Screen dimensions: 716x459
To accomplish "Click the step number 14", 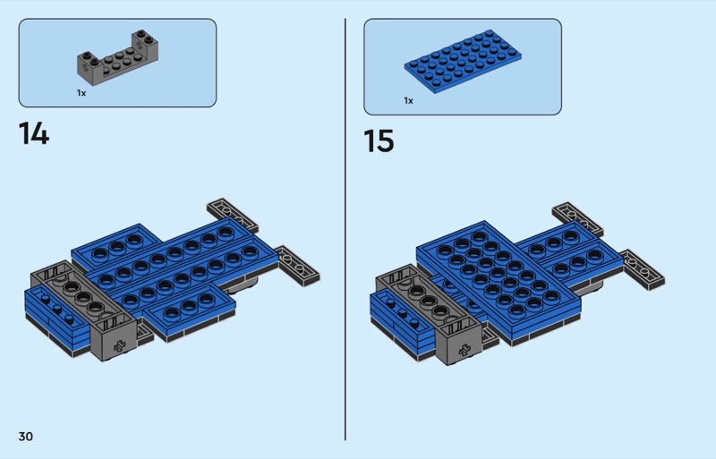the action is [34, 133].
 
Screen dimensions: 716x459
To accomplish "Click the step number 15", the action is [379, 140].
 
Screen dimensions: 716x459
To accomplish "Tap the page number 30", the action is [26, 436].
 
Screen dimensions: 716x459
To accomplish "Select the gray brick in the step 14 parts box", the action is [118, 57].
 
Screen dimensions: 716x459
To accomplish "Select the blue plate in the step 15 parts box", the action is [463, 61].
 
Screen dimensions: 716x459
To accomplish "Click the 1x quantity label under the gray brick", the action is [81, 93].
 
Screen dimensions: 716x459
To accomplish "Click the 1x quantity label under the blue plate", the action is [408, 100].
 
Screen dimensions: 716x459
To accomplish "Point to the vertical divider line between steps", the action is [345, 229].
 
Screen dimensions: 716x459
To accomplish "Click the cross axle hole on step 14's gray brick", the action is [120, 345].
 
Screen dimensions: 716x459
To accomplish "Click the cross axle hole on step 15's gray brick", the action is [465, 350].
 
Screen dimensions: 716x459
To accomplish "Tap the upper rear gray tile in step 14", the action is [233, 215].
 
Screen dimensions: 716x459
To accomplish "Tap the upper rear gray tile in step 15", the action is [577, 219].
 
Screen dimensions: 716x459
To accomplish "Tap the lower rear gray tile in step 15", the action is [643, 269].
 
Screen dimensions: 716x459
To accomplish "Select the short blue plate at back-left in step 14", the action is [116, 247].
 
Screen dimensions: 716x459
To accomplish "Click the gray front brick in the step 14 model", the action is [83, 310].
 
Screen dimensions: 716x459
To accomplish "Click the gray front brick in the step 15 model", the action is [429, 315].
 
